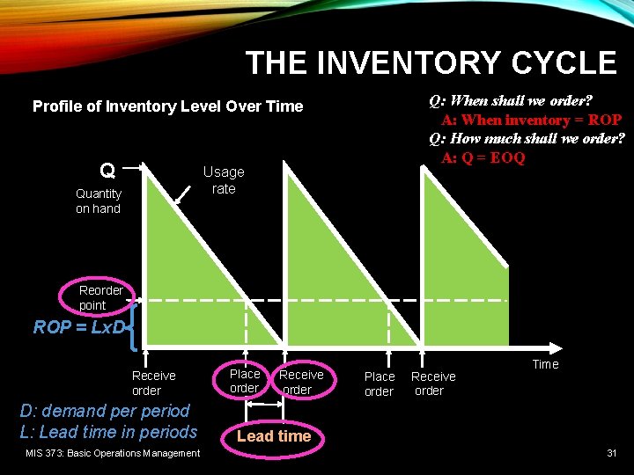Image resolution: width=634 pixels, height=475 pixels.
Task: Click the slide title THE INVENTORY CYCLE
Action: pos(431,63)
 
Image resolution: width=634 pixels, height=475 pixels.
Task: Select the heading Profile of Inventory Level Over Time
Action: pos(167,106)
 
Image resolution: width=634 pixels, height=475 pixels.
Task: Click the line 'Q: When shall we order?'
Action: pos(510,100)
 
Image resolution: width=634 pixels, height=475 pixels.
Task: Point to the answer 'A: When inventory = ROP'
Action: pos(531,120)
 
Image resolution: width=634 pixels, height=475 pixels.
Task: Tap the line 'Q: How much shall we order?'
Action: pos(527,139)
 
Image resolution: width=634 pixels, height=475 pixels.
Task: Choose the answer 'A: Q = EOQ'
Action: pos(483,158)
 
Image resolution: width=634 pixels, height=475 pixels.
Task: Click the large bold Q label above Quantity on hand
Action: pos(107,170)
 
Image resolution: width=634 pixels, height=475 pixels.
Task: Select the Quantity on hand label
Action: pos(98,201)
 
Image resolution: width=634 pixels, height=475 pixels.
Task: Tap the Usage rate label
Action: pos(224,180)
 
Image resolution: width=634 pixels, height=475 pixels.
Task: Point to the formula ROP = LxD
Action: pos(79,327)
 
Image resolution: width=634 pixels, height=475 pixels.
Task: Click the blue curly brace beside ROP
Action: pos(133,324)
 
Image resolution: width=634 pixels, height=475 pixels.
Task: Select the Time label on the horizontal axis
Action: pos(545,364)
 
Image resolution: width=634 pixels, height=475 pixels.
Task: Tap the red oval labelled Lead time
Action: pos(274,436)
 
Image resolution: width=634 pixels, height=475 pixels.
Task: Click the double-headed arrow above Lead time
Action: pos(262,406)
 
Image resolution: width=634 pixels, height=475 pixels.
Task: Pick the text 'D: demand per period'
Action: pos(105,411)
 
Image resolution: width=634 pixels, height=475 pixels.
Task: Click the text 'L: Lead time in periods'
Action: pos(108,432)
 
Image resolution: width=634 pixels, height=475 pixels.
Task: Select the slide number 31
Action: pos(611,453)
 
